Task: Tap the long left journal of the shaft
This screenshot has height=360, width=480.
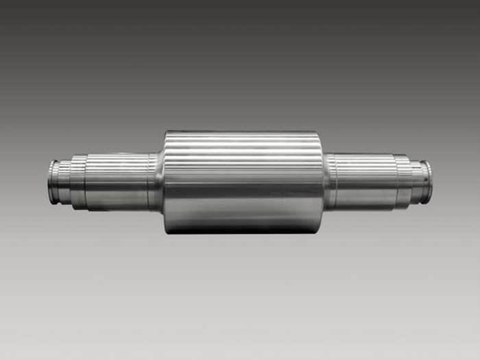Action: [x=117, y=181]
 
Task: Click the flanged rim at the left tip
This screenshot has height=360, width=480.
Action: [x=52, y=181]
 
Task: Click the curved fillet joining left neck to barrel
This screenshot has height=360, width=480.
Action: [x=158, y=181]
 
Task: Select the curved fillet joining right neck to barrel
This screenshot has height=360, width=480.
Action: [x=327, y=181]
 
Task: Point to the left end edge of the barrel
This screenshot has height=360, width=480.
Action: [x=165, y=182]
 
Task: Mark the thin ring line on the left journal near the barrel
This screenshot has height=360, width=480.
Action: [x=149, y=181]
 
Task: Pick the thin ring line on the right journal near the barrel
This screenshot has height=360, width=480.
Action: [x=336, y=181]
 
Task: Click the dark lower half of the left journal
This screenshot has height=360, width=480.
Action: [x=117, y=199]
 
